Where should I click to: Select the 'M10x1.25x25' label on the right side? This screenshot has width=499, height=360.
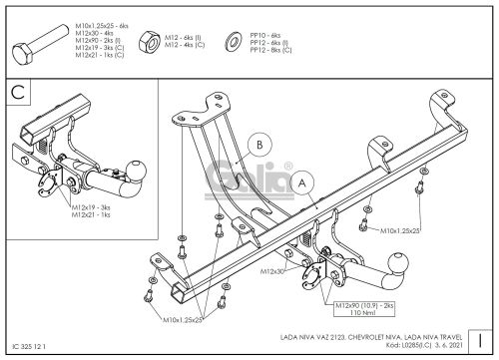[401, 231]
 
